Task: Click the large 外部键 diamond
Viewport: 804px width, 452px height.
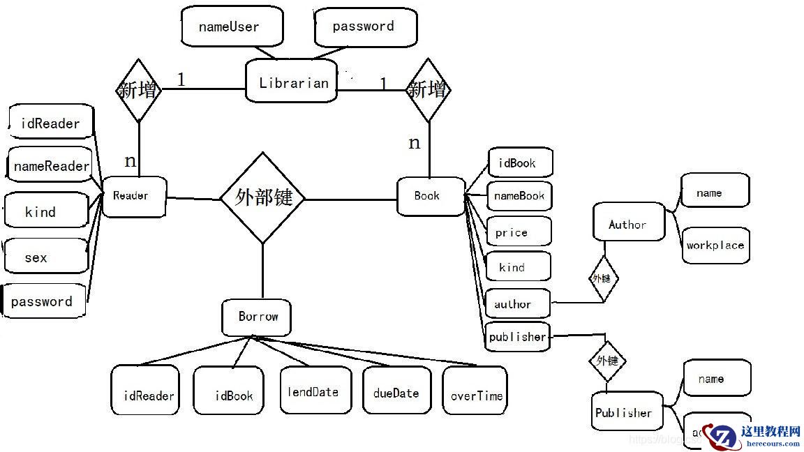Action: click(x=262, y=198)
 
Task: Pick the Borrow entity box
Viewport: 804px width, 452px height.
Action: click(x=257, y=317)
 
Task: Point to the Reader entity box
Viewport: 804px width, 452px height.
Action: click(x=133, y=196)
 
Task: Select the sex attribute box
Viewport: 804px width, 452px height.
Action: click(x=45, y=257)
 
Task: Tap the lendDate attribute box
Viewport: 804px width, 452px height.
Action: click(x=315, y=392)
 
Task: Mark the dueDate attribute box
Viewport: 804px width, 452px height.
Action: click(x=396, y=393)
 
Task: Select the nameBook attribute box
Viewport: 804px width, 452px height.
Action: click(x=519, y=196)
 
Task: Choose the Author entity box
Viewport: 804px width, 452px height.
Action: click(x=628, y=223)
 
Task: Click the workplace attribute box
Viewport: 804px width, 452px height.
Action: click(x=715, y=245)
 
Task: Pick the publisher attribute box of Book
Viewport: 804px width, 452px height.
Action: click(x=517, y=337)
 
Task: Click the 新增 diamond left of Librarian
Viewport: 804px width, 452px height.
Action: click(x=138, y=91)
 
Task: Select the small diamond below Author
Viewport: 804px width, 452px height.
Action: click(x=603, y=278)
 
